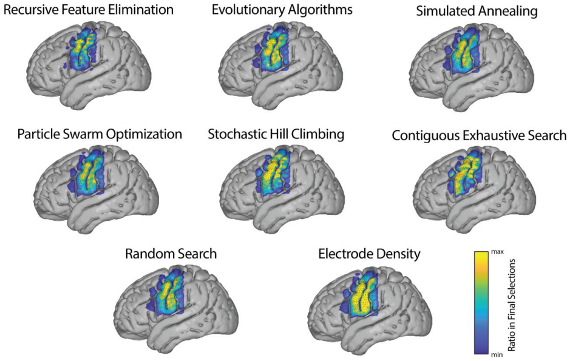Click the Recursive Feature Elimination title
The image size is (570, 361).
89,10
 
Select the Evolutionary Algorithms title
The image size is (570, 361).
282,10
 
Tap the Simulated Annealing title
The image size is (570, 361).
477,12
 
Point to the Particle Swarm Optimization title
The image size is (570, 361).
100,134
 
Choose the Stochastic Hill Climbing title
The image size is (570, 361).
276,134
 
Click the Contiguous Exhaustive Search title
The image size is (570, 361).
479,136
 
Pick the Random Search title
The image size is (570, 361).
171,254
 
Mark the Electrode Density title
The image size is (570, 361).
369,254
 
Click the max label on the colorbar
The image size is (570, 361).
497,252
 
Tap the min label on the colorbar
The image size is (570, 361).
497,354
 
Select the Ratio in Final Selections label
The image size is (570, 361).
512,305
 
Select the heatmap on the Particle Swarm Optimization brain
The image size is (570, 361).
87,171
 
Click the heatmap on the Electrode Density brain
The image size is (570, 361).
359,291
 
